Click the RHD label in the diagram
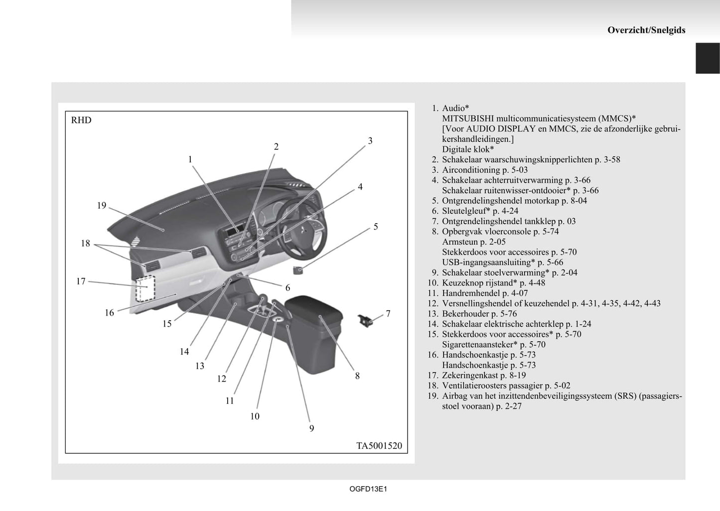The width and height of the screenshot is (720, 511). click(x=81, y=120)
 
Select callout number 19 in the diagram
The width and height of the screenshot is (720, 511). click(x=102, y=205)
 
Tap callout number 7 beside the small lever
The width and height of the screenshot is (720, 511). click(x=388, y=314)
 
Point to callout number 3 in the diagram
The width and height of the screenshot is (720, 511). click(x=370, y=140)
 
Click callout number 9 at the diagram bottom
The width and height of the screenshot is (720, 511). click(x=311, y=428)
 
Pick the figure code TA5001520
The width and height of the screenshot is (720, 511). click(x=379, y=446)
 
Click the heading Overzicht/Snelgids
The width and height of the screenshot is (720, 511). click(x=646, y=30)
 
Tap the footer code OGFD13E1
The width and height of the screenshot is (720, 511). click(x=368, y=489)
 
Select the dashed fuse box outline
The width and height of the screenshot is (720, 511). click(x=146, y=288)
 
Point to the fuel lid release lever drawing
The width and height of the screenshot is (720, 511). click(x=367, y=320)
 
